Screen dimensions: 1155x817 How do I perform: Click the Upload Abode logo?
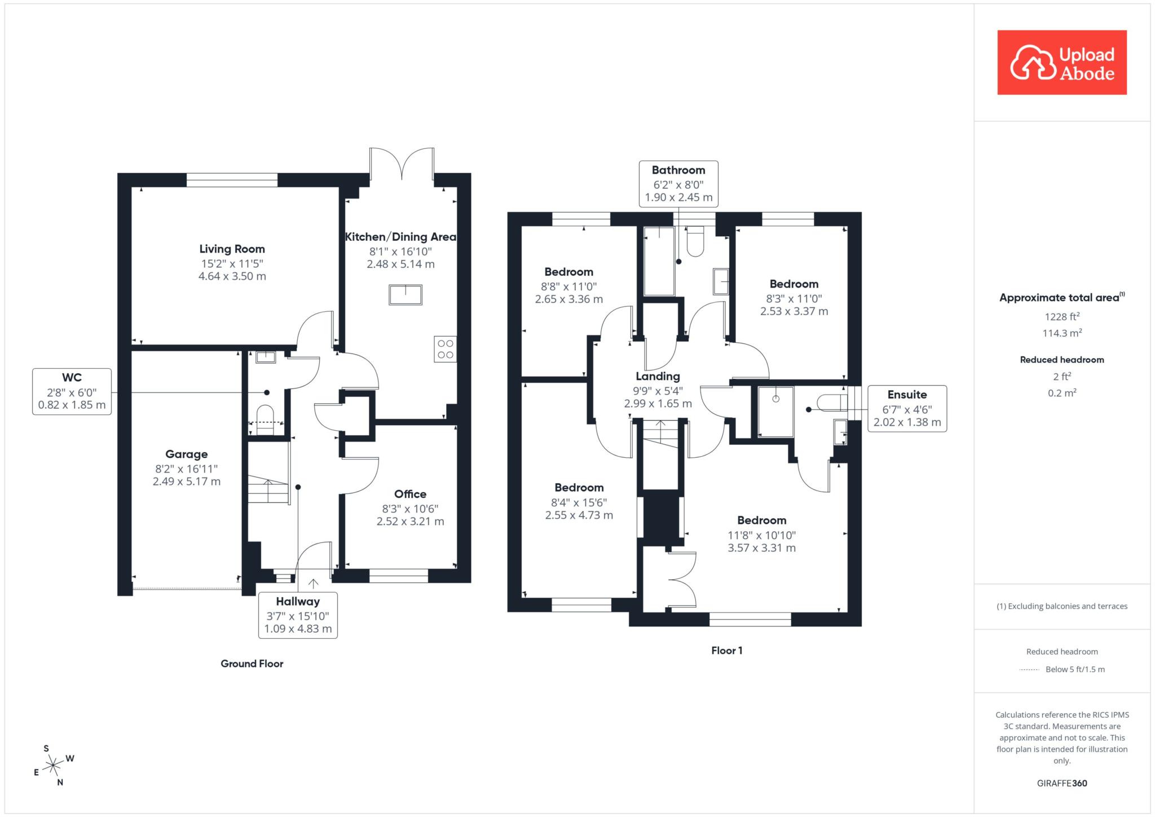[1062, 63]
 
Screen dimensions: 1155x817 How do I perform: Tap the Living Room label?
[232, 249]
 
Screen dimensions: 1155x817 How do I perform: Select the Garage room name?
[187, 454]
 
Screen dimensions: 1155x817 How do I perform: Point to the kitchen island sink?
[405, 295]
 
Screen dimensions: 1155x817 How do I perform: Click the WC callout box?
[72, 391]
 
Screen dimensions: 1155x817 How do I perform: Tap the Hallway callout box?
[298, 615]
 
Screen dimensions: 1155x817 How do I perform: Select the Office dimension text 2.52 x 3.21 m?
[411, 522]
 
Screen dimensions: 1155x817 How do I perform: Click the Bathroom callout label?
[678, 170]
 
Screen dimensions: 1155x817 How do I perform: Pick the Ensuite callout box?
[907, 409]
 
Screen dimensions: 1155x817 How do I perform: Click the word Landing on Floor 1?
[658, 376]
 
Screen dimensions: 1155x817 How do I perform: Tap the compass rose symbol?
[52, 765]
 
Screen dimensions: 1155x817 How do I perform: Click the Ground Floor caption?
[252, 664]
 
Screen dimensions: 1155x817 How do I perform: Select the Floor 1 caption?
[727, 651]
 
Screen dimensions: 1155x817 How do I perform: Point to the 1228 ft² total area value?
[1062, 317]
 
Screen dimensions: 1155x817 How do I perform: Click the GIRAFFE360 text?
[1062, 783]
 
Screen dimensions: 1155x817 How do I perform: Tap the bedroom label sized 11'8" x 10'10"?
[762, 533]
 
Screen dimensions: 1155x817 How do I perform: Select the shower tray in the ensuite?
[776, 412]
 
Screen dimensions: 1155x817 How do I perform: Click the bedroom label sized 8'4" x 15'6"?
[579, 501]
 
